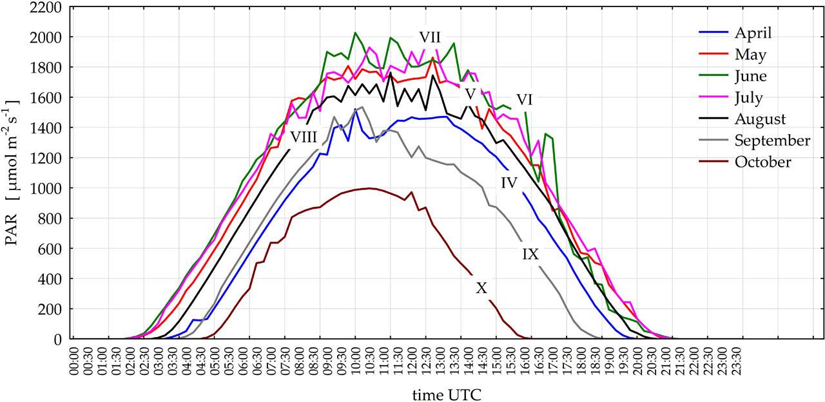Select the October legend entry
(x=762, y=162)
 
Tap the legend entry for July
(x=748, y=98)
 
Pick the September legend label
(x=772, y=141)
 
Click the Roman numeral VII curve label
(x=430, y=37)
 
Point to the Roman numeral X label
(x=481, y=289)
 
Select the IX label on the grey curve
(x=530, y=254)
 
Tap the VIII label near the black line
(x=303, y=137)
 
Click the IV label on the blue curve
(x=509, y=182)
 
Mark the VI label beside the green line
(x=524, y=100)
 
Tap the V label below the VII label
(x=470, y=94)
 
